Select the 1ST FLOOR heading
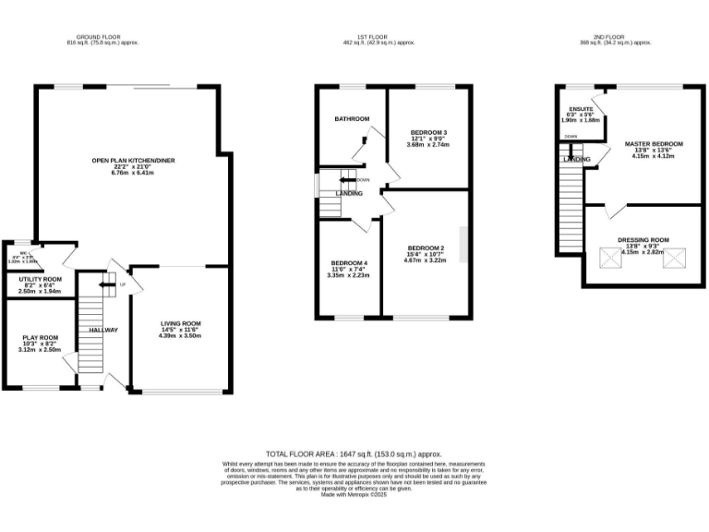click(x=379, y=37)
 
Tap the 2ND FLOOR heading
click(x=616, y=37)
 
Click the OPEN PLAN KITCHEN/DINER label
click(x=133, y=160)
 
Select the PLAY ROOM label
click(x=41, y=337)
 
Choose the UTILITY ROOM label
click(x=40, y=279)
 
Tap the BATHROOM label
click(x=352, y=118)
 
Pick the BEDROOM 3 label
click(x=427, y=131)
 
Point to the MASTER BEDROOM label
click(x=654, y=144)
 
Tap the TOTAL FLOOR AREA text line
click(x=354, y=454)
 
